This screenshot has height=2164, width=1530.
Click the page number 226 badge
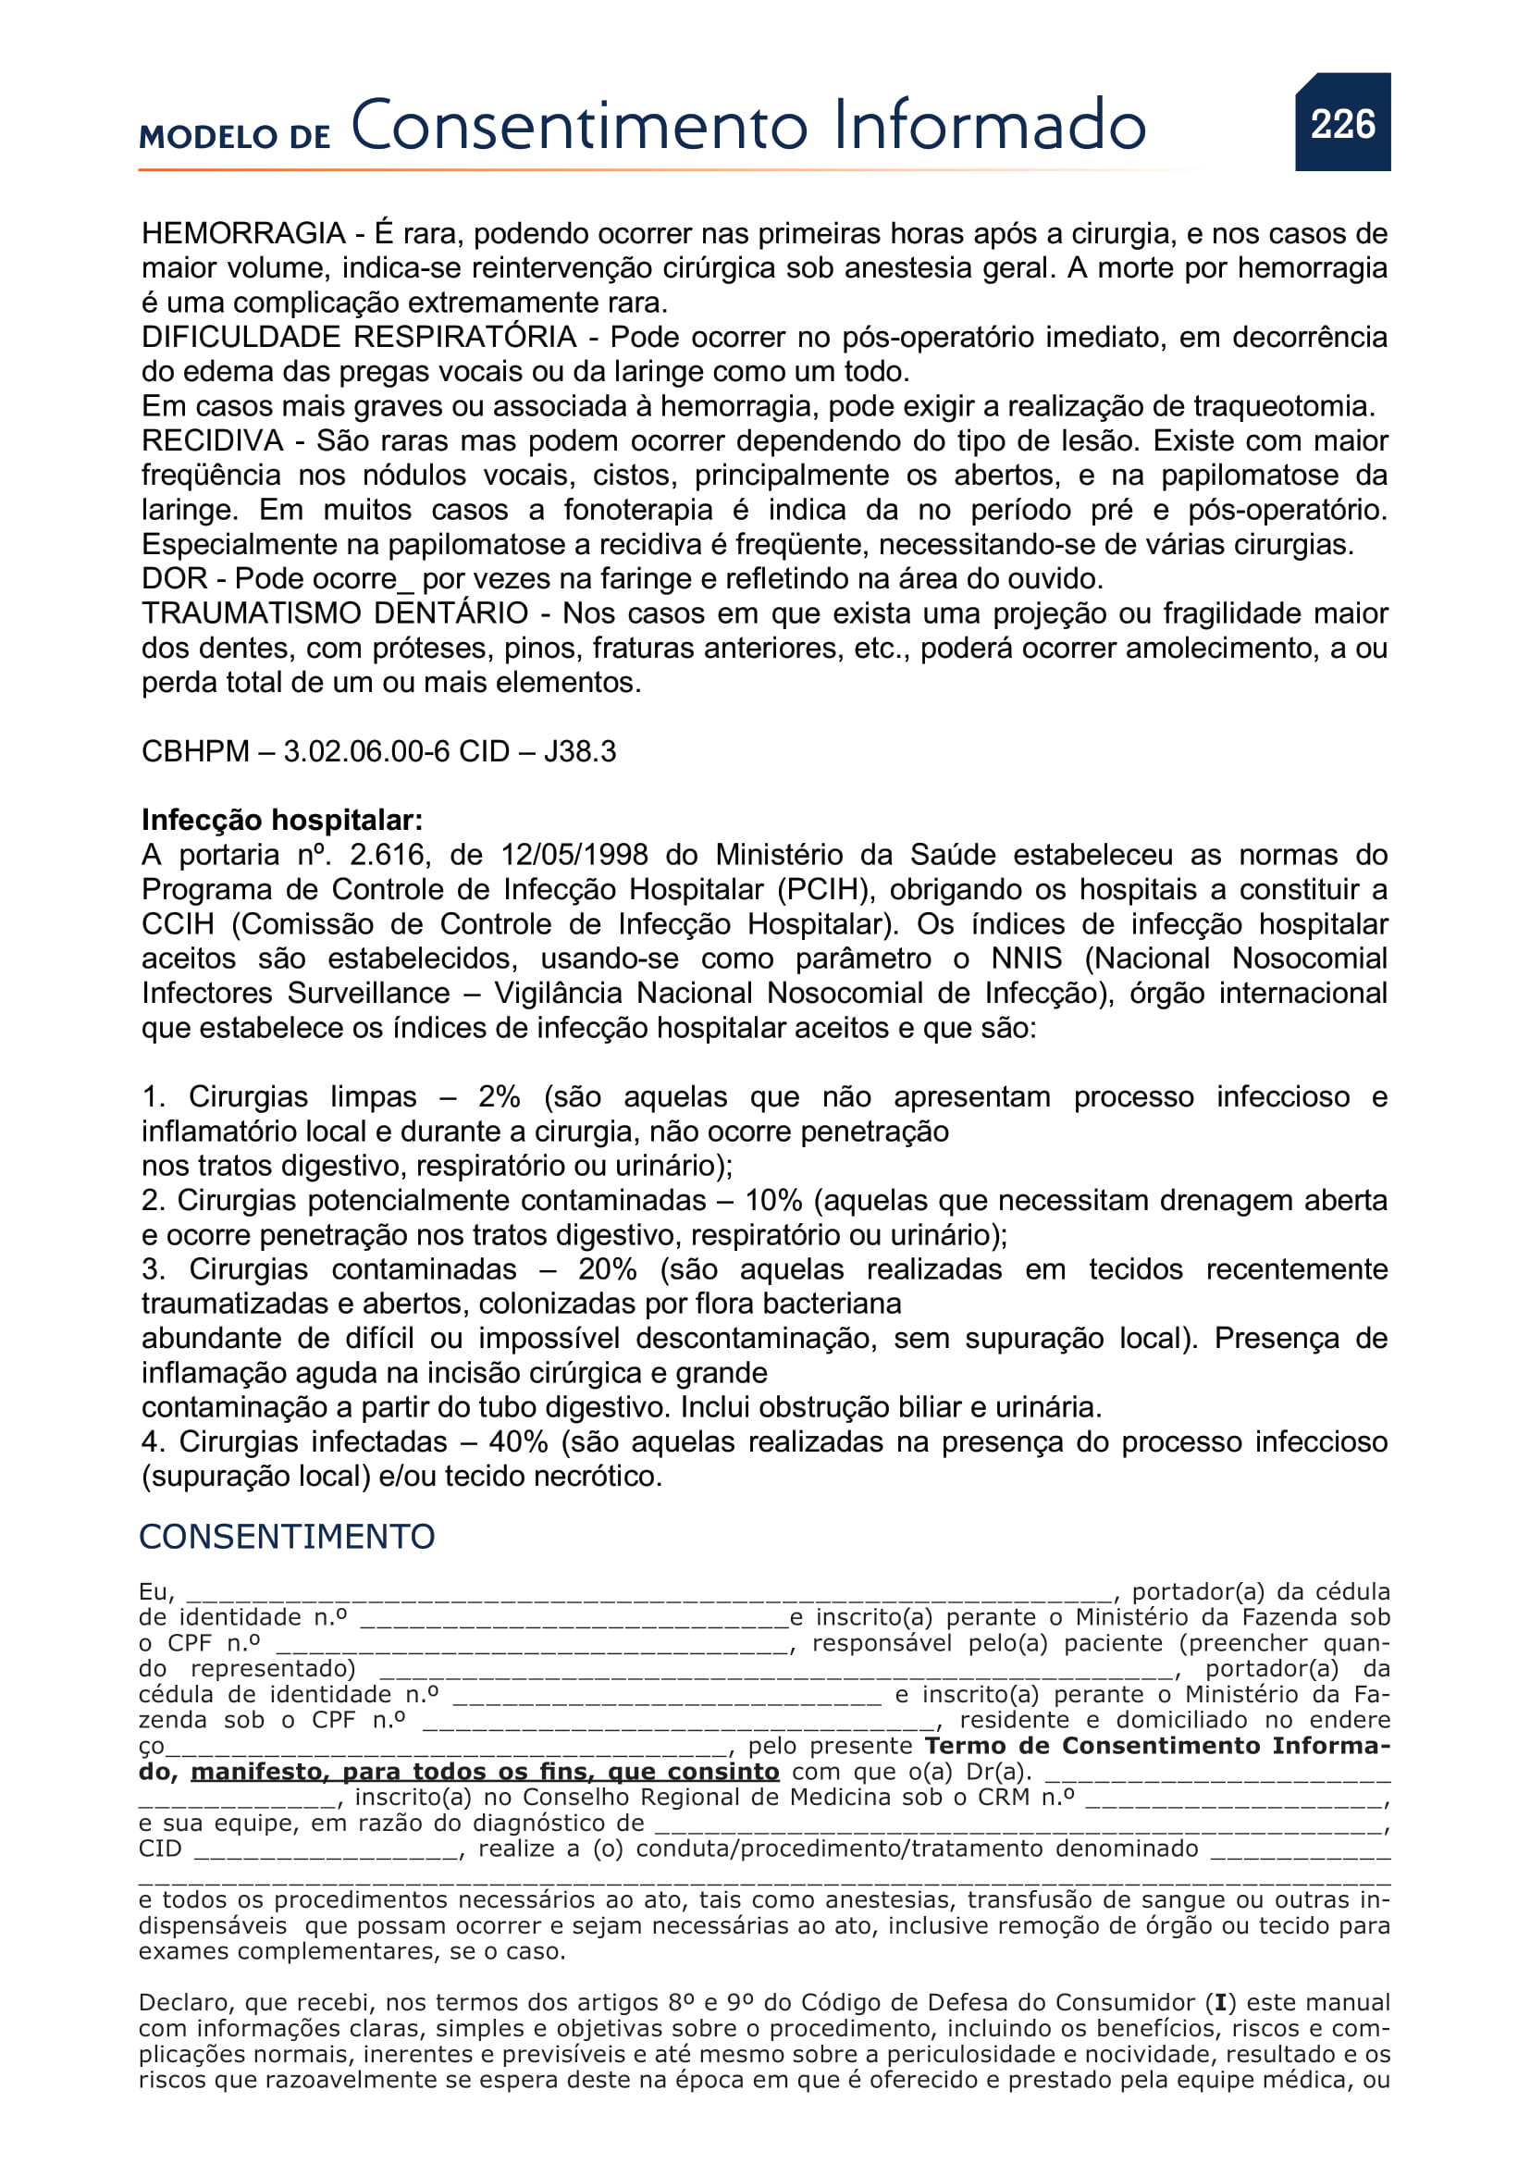[1342, 123]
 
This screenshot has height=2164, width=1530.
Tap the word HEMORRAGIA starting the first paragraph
[243, 233]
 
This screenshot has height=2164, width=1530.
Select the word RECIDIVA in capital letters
[212, 440]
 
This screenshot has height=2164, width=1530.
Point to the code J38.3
[579, 751]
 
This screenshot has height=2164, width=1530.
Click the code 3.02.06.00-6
[366, 751]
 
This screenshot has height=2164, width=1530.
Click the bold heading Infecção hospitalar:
[282, 820]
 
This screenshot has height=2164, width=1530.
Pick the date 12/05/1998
[574, 855]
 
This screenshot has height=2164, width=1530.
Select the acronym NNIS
[1026, 958]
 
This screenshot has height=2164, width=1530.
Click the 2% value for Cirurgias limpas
[499, 1096]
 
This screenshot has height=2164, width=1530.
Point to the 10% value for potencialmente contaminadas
[772, 1200]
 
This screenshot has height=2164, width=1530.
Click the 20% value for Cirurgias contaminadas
[607, 1268]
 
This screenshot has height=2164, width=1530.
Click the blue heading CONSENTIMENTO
[287, 1538]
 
